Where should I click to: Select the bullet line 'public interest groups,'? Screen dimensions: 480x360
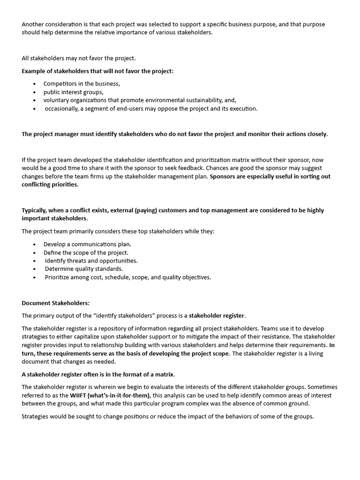[x=73, y=92]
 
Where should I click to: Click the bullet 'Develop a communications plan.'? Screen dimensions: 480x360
[x=87, y=244]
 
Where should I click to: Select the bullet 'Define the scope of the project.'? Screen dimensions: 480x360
[x=86, y=252]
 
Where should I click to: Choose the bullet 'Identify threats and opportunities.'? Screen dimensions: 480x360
[x=91, y=261]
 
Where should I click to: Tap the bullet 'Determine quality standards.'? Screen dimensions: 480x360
[x=83, y=269]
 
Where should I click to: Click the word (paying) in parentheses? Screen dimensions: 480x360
[x=144, y=210]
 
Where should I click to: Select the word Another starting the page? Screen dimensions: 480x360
[x=33, y=24]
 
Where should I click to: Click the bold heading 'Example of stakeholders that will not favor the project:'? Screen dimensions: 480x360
[x=97, y=71]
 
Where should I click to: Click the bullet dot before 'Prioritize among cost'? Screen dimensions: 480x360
[x=35, y=277]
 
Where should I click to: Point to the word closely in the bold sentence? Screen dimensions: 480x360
[x=317, y=134]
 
